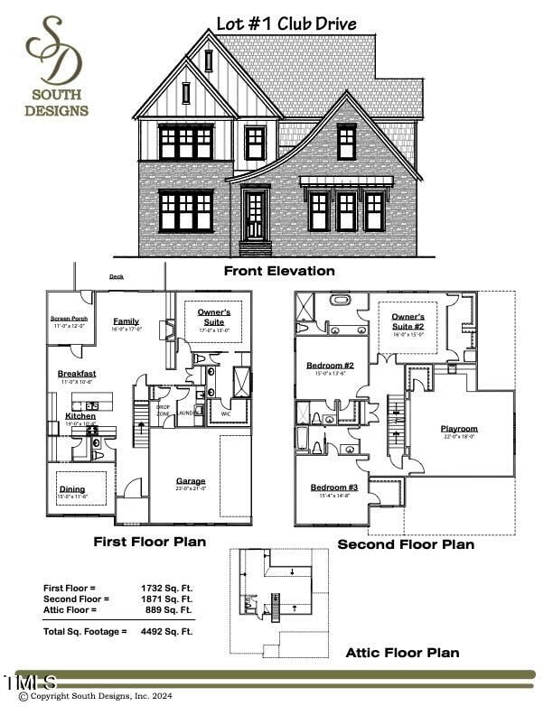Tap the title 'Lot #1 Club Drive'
(286, 23)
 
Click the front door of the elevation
(255, 215)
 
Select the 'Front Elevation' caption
(279, 271)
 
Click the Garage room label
(191, 481)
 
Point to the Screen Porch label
(69, 318)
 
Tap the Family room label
(126, 321)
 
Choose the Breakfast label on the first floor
(77, 374)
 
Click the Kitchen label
(80, 416)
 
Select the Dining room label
(72, 489)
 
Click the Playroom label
(459, 429)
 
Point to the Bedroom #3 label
(334, 487)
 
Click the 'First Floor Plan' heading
(150, 542)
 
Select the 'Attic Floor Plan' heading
(402, 652)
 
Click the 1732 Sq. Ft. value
(173, 588)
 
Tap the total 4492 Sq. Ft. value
(173, 631)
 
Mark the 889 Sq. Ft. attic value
(175, 609)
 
